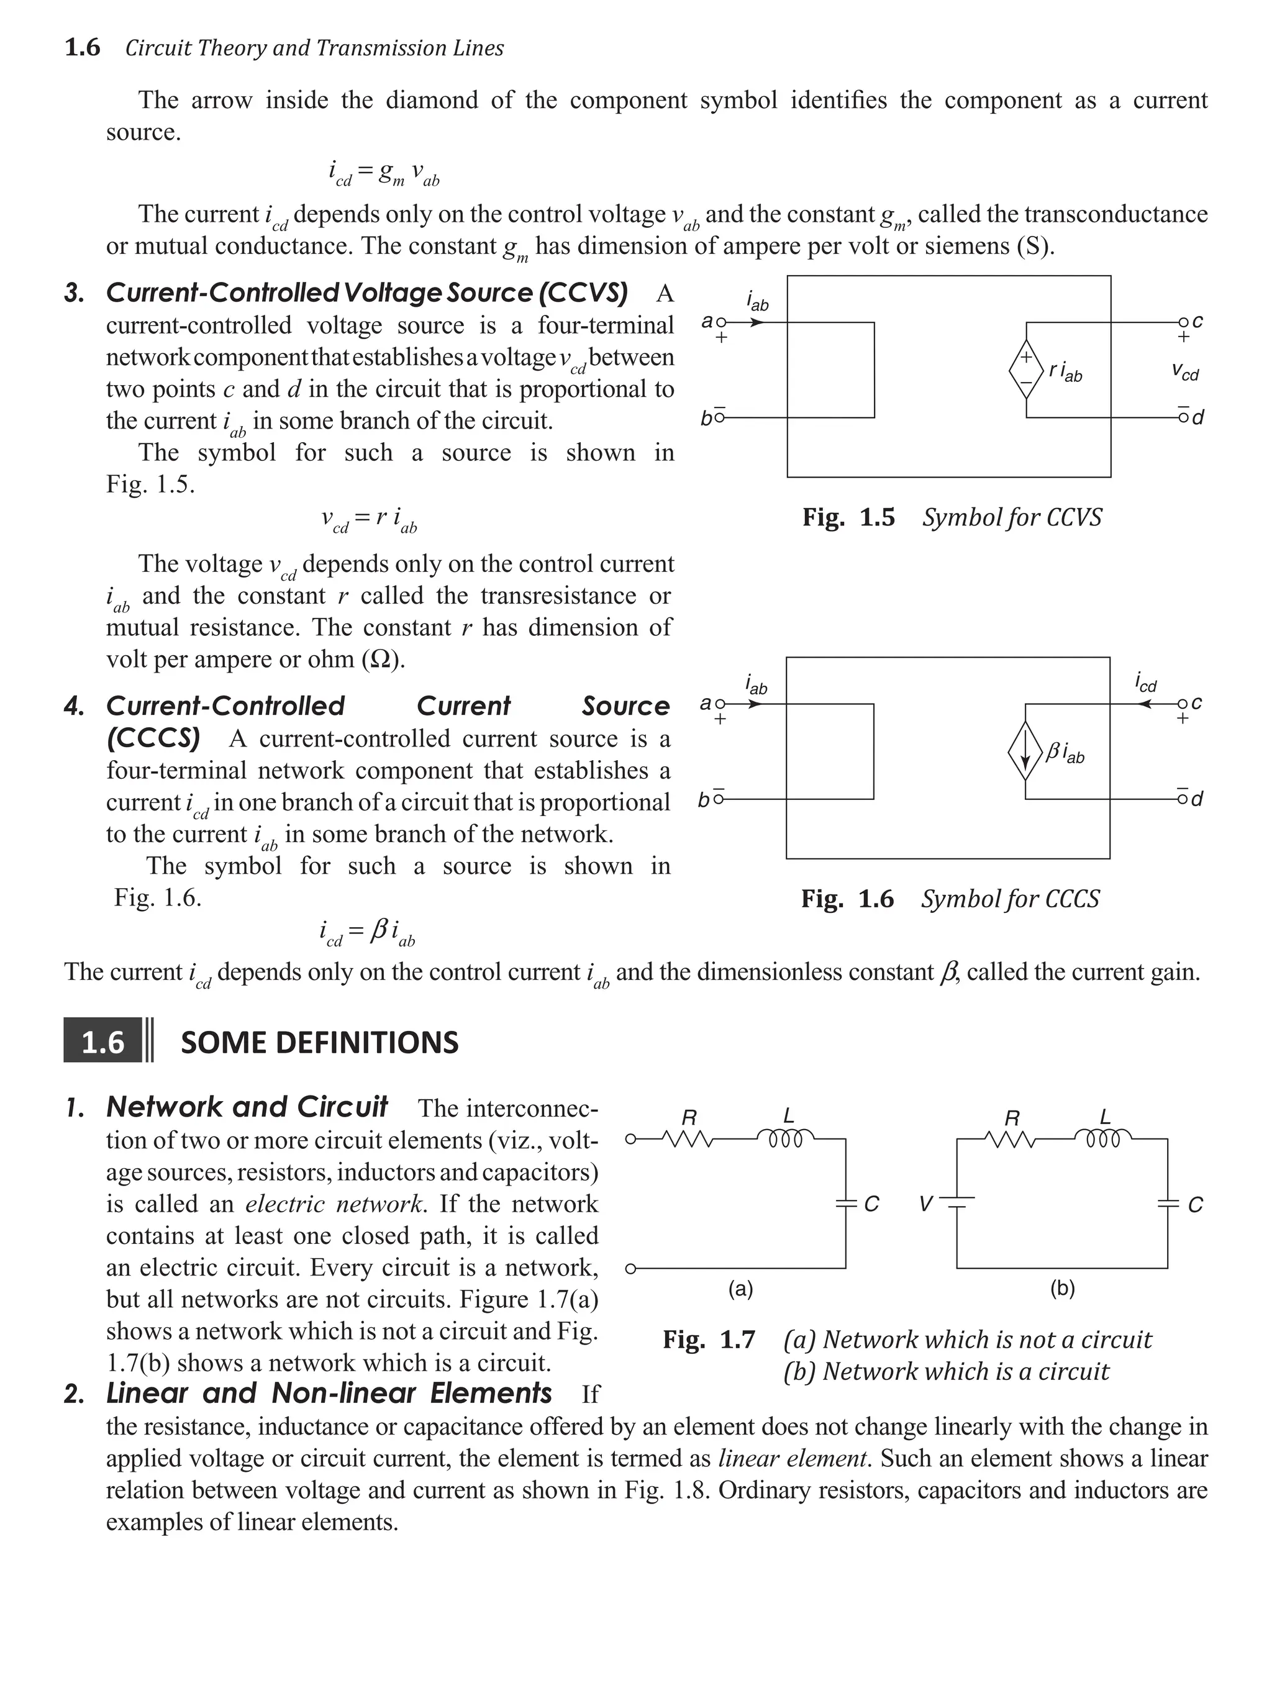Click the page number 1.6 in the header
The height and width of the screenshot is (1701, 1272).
(x=82, y=48)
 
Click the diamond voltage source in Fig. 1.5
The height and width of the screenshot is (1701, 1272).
(x=1026, y=369)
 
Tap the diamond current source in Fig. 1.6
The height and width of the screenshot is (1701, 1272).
(x=1025, y=751)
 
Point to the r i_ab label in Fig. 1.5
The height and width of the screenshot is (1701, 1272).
(x=1065, y=371)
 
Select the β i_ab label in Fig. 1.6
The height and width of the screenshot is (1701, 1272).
(x=1065, y=752)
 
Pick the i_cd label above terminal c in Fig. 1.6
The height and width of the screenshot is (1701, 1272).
(x=1145, y=682)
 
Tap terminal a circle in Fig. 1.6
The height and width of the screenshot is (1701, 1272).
(x=720, y=704)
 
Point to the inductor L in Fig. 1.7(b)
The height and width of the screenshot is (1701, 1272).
(x=1104, y=1136)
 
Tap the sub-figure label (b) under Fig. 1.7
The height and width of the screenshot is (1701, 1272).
(x=1062, y=1288)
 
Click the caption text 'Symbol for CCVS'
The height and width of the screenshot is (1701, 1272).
(x=1011, y=517)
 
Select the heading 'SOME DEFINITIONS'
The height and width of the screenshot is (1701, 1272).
(x=319, y=1042)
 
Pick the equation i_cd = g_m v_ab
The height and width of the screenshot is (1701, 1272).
(x=384, y=172)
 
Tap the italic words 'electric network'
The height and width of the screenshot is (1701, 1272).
(x=334, y=1204)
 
